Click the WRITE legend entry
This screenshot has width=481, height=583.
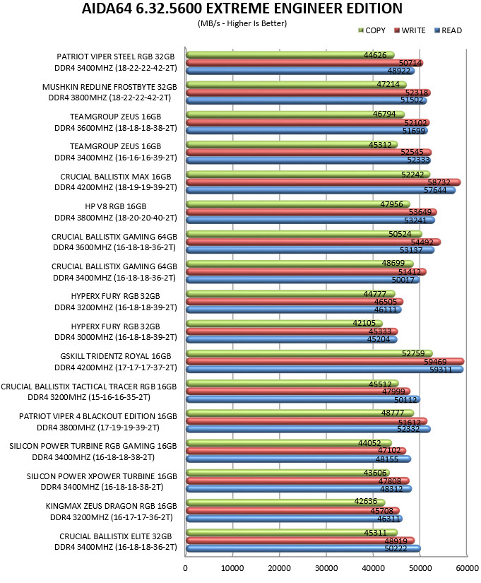(x=410, y=30)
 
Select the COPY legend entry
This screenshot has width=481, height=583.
(x=372, y=30)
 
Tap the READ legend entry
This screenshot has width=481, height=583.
(x=449, y=30)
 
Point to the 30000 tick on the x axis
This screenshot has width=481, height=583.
(x=326, y=568)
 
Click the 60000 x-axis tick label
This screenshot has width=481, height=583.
(x=468, y=568)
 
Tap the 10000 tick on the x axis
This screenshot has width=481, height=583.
(x=232, y=568)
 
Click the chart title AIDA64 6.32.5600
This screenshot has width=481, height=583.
(x=242, y=8)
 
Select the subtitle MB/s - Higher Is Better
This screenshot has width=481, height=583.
(x=242, y=23)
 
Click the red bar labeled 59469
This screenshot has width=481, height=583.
(x=325, y=361)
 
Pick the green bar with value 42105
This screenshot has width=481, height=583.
(x=284, y=323)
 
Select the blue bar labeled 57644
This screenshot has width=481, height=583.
(x=321, y=190)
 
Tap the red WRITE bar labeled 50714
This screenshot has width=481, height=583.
(x=304, y=63)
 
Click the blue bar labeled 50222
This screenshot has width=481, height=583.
(x=303, y=548)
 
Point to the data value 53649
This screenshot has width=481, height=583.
(x=420, y=212)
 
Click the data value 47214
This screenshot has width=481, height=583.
(x=388, y=84)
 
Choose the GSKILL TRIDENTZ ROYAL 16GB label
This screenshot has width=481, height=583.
(x=116, y=356)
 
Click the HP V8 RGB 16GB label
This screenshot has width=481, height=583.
(x=116, y=206)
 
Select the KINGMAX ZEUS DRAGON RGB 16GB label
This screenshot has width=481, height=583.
(x=111, y=506)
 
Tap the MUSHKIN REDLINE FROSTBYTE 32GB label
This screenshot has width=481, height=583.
(x=109, y=87)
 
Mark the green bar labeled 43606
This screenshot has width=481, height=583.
(x=287, y=473)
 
